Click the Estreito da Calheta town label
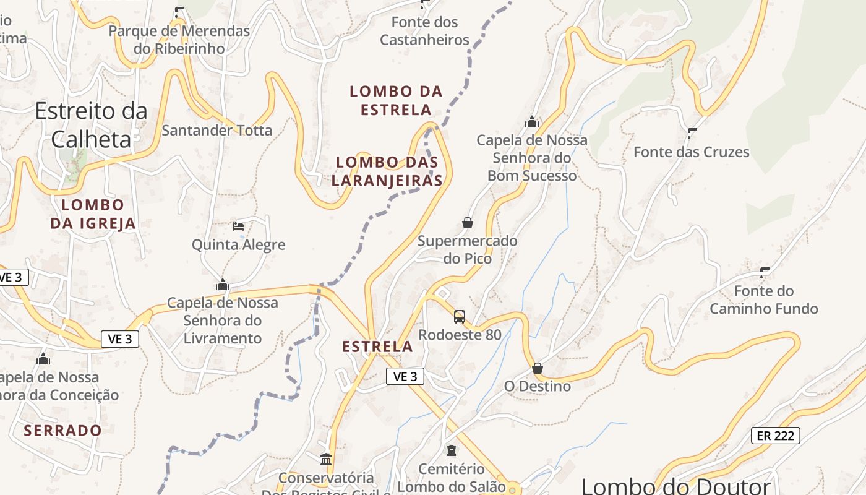92,125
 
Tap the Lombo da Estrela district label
397,101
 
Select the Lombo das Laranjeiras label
387,171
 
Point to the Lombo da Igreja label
93,214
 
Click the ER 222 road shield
776,436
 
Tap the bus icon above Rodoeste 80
460,317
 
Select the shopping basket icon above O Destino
538,368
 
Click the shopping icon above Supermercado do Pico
468,223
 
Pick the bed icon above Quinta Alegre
238,226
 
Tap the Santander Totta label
216,131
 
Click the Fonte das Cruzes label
692,152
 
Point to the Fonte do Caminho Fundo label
764,299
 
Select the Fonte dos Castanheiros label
425,31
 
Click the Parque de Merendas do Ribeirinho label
179,40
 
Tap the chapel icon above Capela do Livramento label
223,285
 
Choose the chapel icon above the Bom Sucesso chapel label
532,123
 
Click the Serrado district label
63,430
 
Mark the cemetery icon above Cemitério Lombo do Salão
452,450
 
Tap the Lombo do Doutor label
676,486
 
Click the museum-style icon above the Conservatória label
326,459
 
